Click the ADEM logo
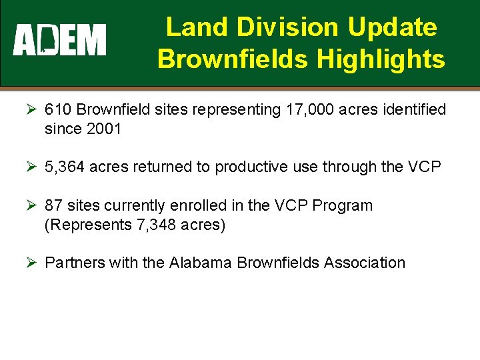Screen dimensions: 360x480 click(59, 40)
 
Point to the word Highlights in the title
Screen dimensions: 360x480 click(381, 59)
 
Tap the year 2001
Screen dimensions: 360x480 click(104, 129)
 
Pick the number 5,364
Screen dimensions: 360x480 click(65, 167)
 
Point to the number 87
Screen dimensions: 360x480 click(53, 205)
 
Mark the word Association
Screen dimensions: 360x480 click(365, 263)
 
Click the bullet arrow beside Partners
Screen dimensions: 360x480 click(32, 263)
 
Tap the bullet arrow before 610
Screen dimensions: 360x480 click(32, 109)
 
